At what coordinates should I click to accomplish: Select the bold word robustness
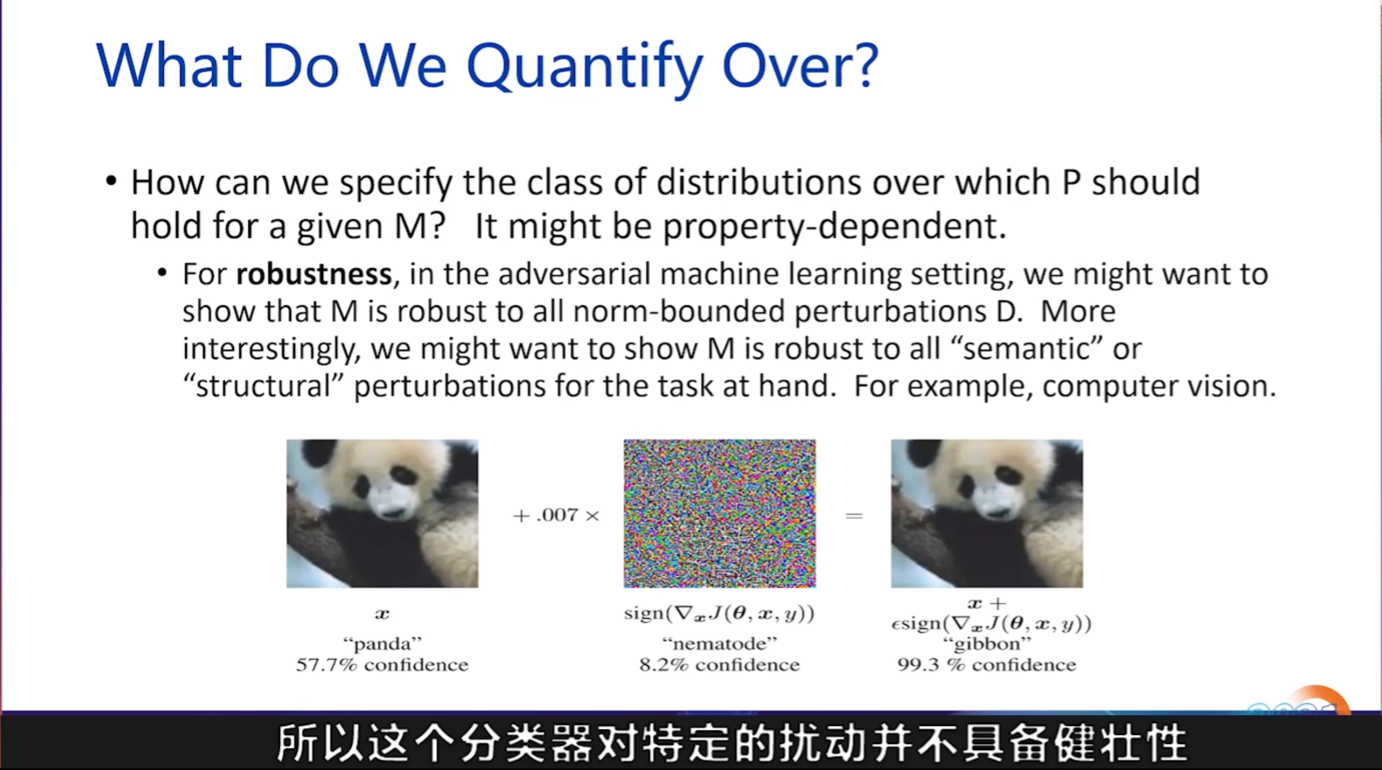tap(314, 274)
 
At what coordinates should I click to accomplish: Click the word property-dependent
tap(834, 227)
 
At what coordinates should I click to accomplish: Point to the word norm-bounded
tap(679, 311)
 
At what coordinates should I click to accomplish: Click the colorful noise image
tap(719, 513)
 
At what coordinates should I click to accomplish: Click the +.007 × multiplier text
tap(556, 515)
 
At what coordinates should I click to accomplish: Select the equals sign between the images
tap(854, 516)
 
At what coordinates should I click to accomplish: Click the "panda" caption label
tap(382, 644)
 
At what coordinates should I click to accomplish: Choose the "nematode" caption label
tap(719, 644)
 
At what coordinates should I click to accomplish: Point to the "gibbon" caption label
tap(987, 644)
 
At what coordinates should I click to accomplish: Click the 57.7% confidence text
tap(382, 664)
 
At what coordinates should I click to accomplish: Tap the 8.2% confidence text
tap(719, 664)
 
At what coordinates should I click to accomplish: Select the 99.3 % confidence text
tap(987, 664)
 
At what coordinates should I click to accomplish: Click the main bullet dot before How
tap(111, 181)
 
